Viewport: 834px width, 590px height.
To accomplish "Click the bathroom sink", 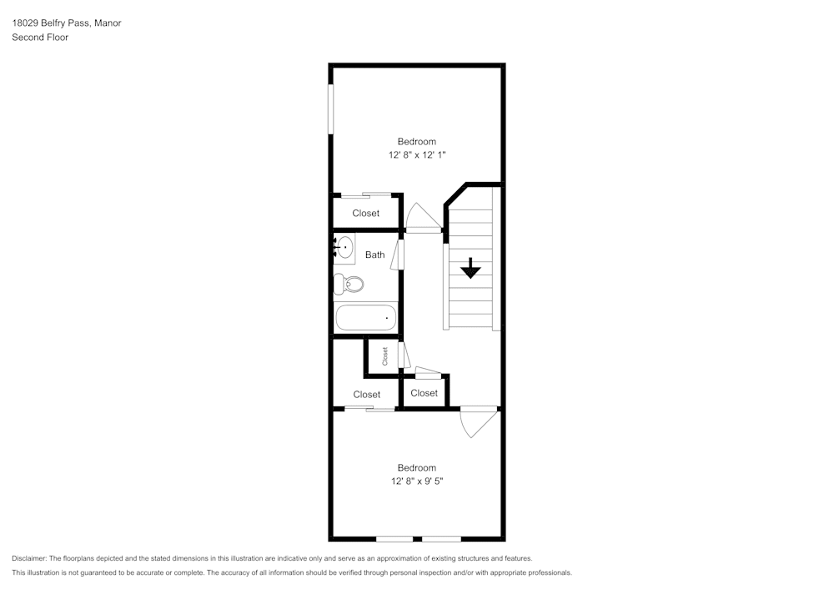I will [x=344, y=248].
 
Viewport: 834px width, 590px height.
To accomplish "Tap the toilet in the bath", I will [x=349, y=285].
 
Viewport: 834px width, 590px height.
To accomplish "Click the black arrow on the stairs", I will [x=471, y=268].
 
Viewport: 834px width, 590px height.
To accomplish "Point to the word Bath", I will [x=374, y=255].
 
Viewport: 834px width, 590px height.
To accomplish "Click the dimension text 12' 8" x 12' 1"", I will [x=416, y=154].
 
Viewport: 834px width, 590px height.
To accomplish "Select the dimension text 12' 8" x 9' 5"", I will [x=416, y=481].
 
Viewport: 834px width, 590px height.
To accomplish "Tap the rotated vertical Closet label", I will [x=385, y=356].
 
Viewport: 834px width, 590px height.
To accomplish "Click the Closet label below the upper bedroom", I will [x=365, y=214].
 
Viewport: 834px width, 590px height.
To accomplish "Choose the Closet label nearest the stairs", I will [x=424, y=393].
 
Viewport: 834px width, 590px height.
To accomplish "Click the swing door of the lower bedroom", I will [x=476, y=421].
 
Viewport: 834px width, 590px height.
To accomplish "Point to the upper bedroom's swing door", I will [x=424, y=218].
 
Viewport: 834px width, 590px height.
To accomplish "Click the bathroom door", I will [x=400, y=254].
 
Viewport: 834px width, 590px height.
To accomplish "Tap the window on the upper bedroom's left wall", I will [x=331, y=108].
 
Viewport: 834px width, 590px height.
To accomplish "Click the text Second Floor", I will [x=40, y=38].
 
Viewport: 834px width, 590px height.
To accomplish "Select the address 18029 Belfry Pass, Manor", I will [x=67, y=23].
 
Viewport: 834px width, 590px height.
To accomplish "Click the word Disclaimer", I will [x=29, y=558].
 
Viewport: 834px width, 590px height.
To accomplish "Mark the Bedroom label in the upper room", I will [x=416, y=142].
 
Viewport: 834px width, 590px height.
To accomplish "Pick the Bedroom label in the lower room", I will [x=416, y=468].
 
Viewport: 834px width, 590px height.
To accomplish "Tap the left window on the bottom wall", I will [x=394, y=539].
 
